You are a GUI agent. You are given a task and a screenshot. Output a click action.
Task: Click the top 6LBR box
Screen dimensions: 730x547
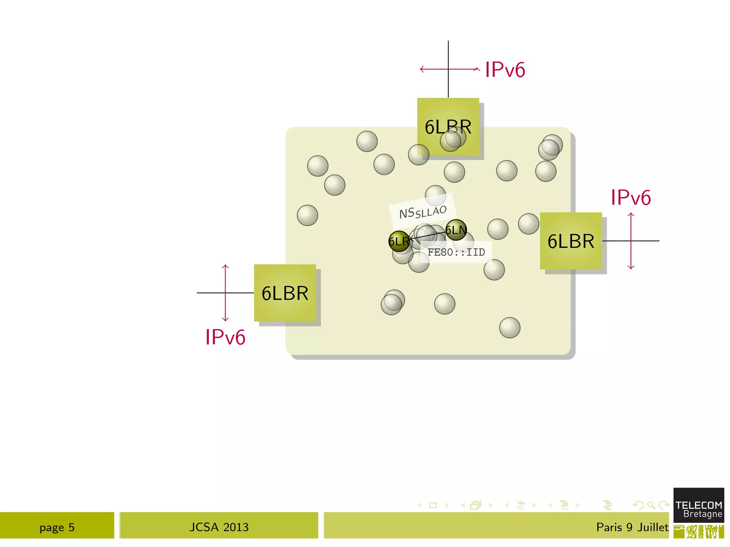(x=448, y=118)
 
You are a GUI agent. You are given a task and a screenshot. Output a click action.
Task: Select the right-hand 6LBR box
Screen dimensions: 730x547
(x=571, y=241)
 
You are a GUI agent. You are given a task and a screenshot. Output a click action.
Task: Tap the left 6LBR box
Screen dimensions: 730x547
(x=285, y=293)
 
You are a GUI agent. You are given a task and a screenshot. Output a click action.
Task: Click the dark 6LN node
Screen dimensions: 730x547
(x=456, y=230)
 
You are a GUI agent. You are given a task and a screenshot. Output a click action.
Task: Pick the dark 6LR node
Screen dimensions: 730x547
(x=399, y=241)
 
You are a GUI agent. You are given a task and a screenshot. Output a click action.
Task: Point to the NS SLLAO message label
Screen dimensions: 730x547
(x=423, y=212)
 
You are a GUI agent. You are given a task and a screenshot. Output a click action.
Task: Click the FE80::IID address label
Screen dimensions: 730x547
(x=456, y=252)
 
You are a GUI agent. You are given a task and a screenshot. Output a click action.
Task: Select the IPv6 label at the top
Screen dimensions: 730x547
(x=505, y=69)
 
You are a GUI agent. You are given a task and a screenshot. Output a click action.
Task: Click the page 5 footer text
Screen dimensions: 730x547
(x=57, y=527)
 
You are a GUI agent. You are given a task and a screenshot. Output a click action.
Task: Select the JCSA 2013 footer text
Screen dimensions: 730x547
(x=219, y=527)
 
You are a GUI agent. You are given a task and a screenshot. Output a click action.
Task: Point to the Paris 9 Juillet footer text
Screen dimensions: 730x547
(x=632, y=527)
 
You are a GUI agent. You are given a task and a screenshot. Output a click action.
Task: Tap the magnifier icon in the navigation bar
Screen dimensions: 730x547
(x=651, y=505)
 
